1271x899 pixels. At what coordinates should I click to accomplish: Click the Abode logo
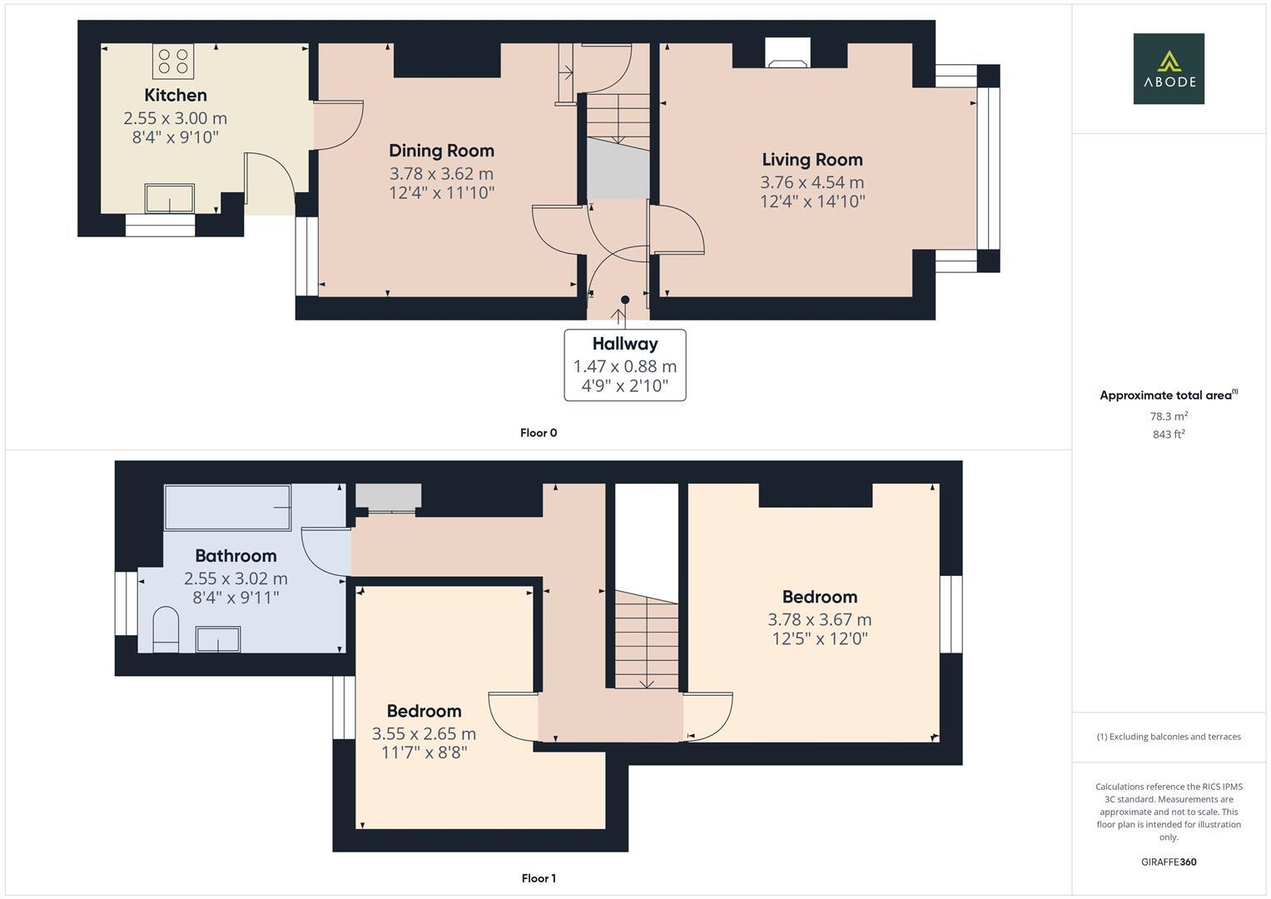point(1168,69)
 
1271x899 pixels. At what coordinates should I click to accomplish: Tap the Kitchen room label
point(176,95)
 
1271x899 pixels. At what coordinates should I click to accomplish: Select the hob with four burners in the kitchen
point(173,61)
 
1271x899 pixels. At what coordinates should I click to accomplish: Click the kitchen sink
point(169,199)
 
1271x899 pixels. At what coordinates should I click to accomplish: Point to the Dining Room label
point(441,151)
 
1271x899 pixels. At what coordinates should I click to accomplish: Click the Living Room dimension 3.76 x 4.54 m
point(812,182)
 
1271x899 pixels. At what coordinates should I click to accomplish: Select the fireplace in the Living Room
point(787,54)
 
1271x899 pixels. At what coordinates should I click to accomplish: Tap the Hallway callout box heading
point(625,344)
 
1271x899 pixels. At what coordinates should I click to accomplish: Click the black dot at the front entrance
point(625,300)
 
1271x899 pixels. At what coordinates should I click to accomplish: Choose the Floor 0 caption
point(539,433)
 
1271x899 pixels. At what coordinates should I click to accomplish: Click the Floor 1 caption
point(539,878)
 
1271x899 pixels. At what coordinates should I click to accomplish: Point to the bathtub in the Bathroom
point(227,508)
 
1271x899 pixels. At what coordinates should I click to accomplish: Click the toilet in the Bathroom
point(166,628)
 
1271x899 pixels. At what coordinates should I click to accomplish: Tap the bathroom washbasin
point(217,639)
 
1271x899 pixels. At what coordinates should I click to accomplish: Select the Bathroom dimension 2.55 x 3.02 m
point(236,579)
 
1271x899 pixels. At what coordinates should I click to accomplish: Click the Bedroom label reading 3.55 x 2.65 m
point(424,733)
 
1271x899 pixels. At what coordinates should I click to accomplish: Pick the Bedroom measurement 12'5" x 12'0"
point(819,638)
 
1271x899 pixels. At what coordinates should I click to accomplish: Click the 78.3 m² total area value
point(1168,416)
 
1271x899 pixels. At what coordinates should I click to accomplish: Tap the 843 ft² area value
point(1168,435)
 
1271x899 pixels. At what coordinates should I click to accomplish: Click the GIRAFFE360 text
point(1168,862)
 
